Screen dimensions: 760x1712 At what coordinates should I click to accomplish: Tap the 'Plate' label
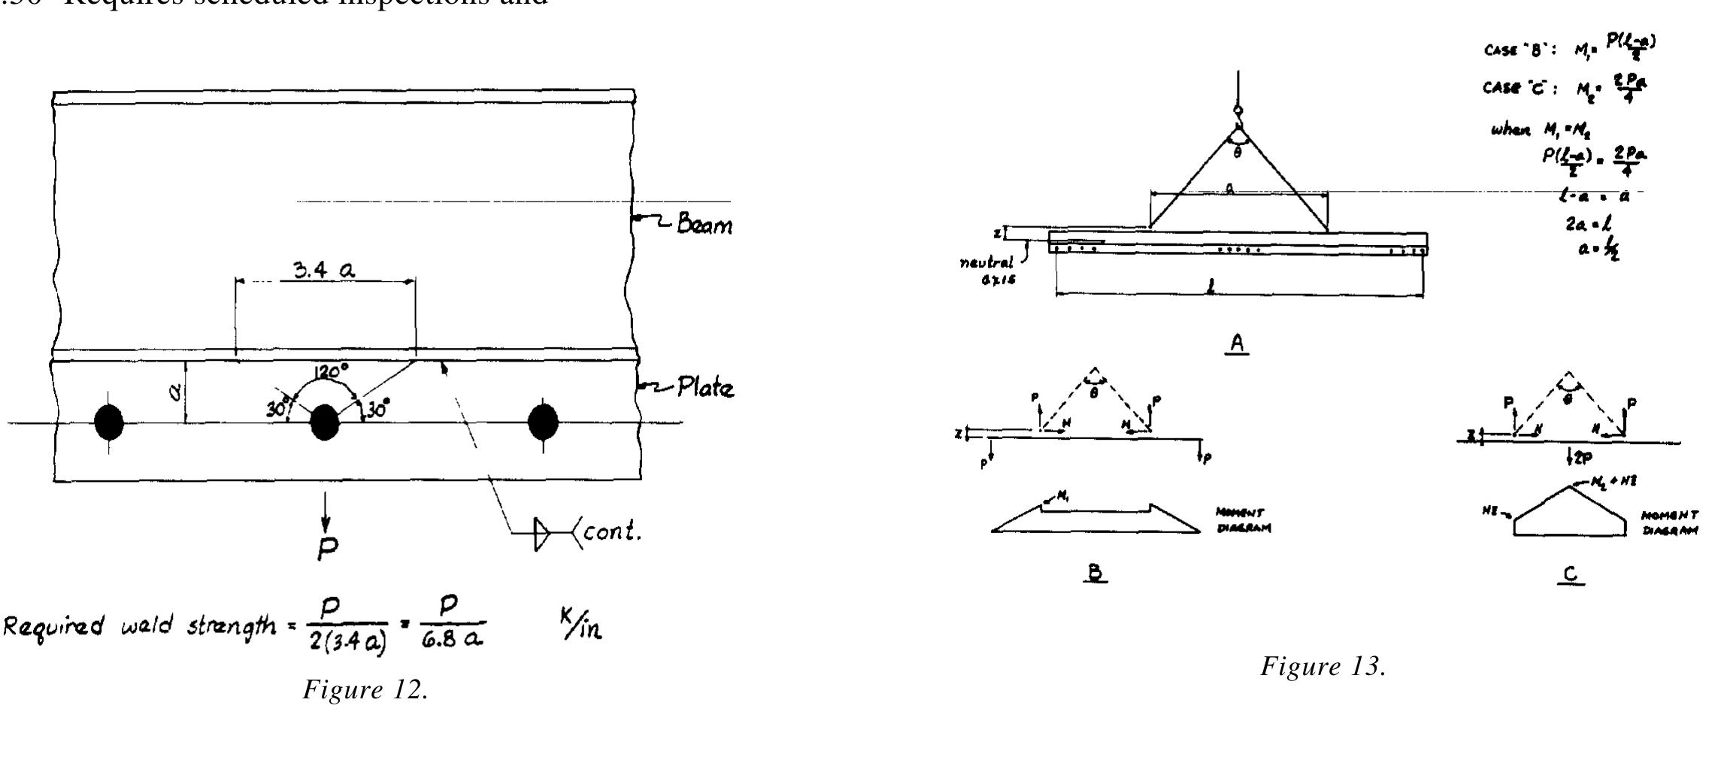coord(704,388)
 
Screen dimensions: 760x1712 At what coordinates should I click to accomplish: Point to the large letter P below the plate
coord(327,550)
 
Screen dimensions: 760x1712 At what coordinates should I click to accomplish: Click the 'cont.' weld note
coord(612,534)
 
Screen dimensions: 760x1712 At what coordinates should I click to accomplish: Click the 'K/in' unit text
coord(581,629)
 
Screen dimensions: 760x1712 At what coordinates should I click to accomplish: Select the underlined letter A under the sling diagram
coord(1237,344)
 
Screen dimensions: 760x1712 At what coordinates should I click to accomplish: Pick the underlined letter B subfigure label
coord(1095,573)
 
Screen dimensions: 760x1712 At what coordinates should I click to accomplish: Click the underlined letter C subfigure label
coord(1571,575)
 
